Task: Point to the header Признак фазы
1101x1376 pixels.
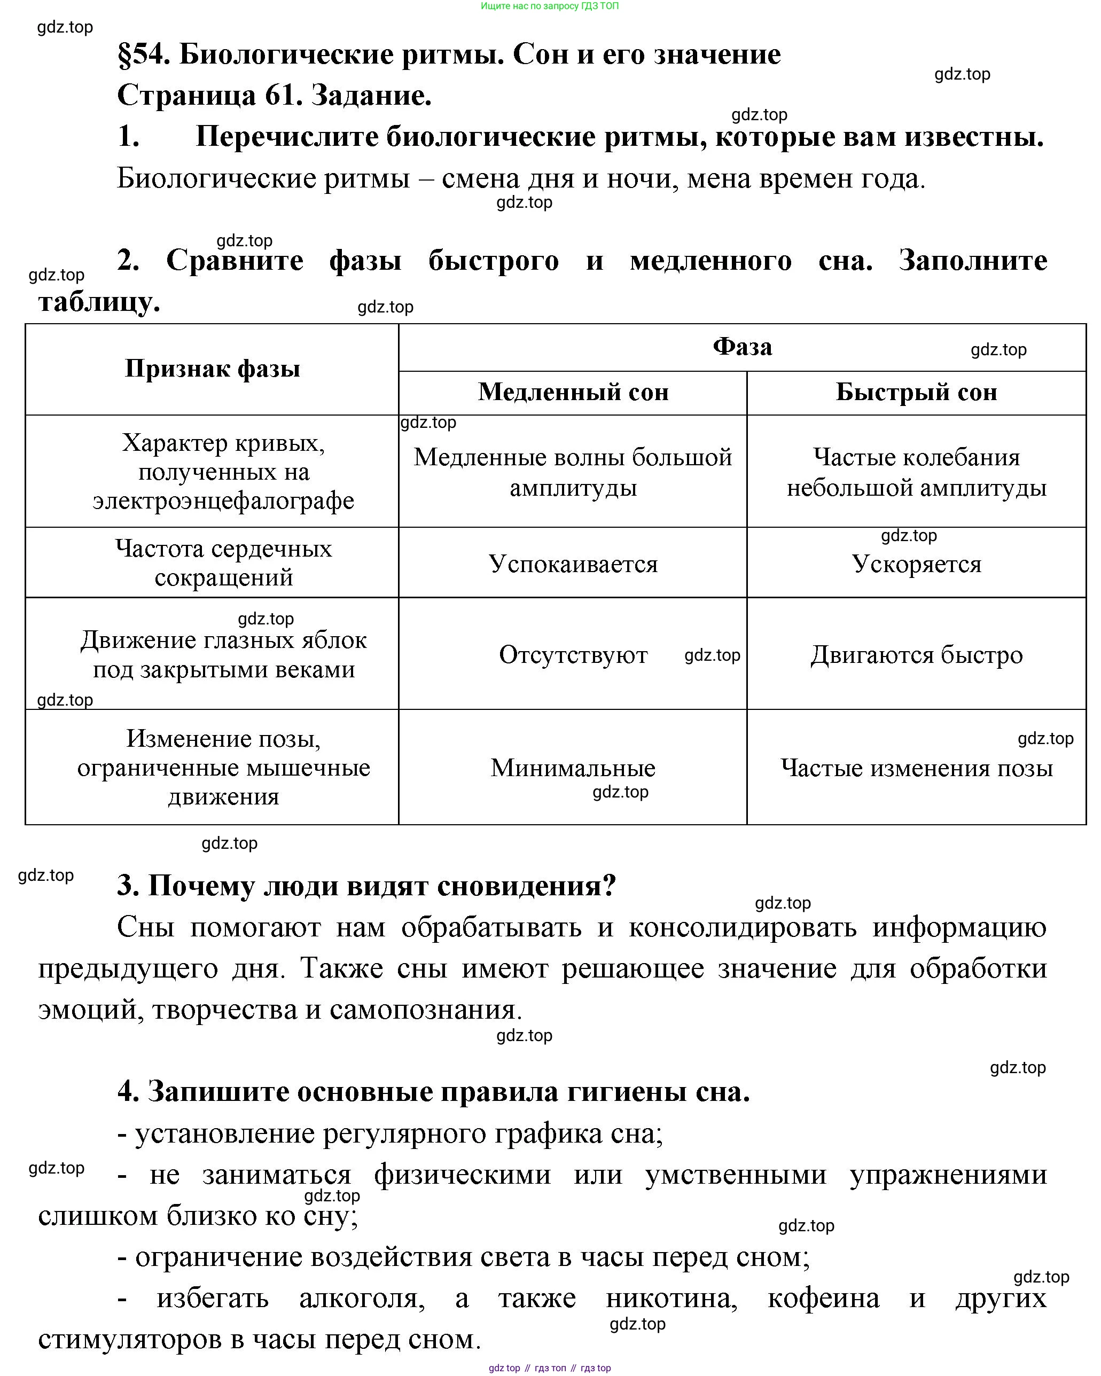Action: (212, 369)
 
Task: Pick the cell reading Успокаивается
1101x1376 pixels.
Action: (573, 564)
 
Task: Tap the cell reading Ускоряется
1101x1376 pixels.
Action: (916, 564)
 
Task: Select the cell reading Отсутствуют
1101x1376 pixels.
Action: (573, 655)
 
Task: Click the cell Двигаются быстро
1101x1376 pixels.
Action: (916, 655)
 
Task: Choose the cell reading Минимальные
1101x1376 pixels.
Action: (573, 768)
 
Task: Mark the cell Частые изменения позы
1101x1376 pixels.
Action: (916, 768)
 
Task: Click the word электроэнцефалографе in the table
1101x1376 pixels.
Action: (223, 501)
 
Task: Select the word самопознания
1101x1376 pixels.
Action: (426, 1010)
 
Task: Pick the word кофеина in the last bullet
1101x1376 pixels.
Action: (823, 1297)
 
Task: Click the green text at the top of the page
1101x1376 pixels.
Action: (550, 6)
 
